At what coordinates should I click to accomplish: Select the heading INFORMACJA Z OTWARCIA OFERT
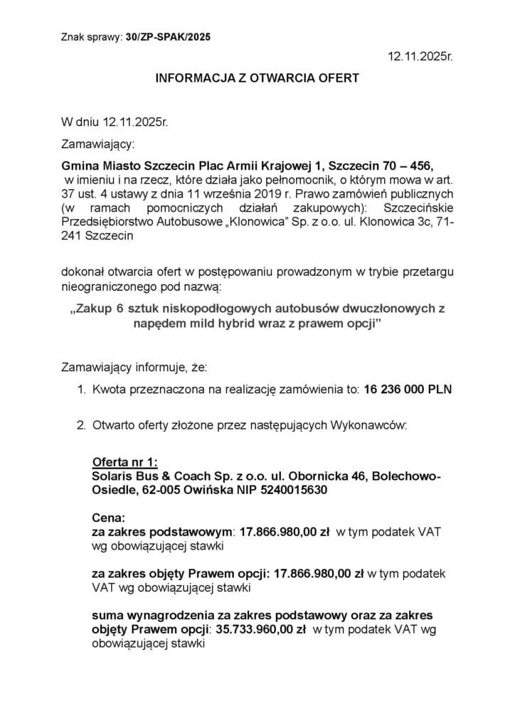pos(257,77)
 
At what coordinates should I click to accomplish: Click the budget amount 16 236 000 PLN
pos(407,390)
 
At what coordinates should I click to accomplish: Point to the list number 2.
pos(80,426)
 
